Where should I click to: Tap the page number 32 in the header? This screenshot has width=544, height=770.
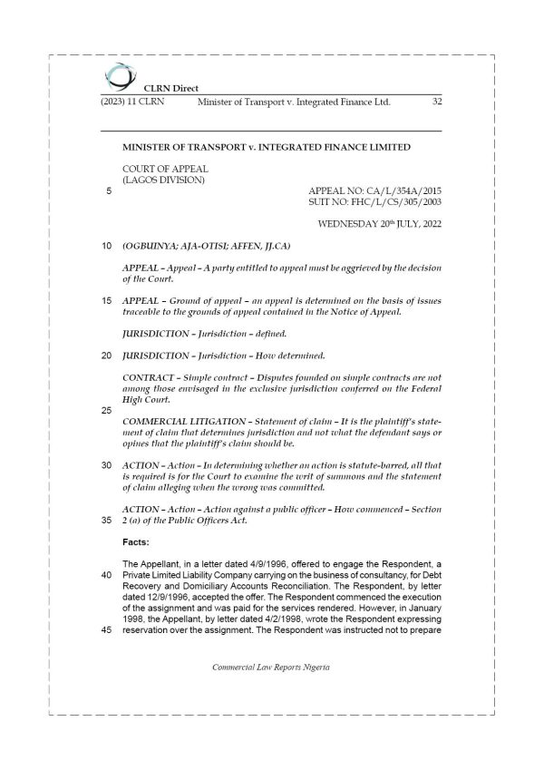click(x=436, y=102)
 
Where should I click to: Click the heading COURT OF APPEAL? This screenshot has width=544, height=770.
click(x=165, y=169)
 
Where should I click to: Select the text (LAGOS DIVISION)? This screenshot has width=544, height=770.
click(x=163, y=180)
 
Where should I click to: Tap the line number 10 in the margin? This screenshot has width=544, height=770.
click(x=107, y=246)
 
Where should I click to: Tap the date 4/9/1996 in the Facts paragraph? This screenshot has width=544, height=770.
click(x=265, y=564)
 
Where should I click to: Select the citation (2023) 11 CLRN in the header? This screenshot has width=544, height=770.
click(x=126, y=102)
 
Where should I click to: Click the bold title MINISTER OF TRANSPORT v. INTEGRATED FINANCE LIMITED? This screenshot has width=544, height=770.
click(x=267, y=147)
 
